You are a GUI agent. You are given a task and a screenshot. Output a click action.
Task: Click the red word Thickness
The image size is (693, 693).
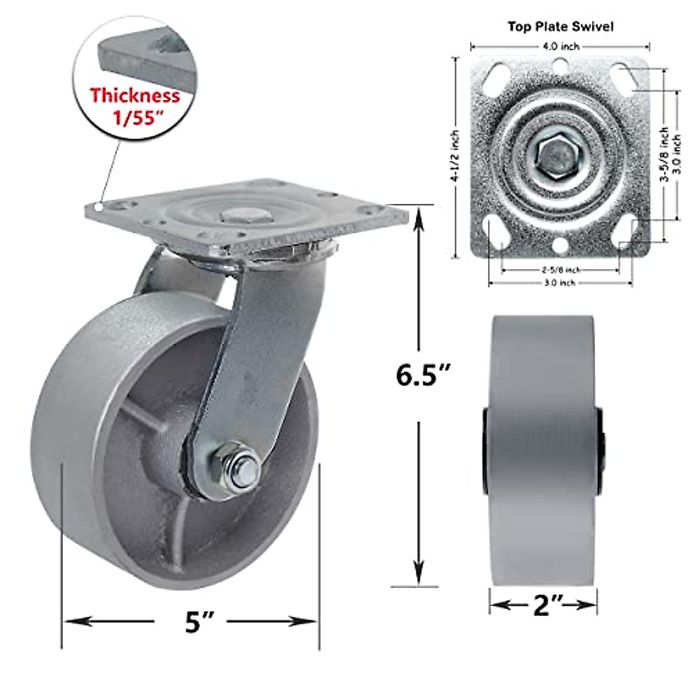click(135, 95)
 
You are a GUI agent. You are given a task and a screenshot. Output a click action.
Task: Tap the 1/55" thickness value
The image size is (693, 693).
click(137, 118)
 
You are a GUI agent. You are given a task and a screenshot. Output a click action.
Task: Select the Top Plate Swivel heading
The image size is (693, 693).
click(560, 27)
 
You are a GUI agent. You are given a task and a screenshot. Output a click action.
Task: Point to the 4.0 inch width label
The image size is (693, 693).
click(560, 46)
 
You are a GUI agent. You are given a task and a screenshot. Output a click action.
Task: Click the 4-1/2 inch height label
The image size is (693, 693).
click(455, 157)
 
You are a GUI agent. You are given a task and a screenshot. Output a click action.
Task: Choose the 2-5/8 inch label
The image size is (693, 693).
click(560, 270)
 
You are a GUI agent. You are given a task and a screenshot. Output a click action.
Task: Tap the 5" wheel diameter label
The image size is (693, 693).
click(200, 621)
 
